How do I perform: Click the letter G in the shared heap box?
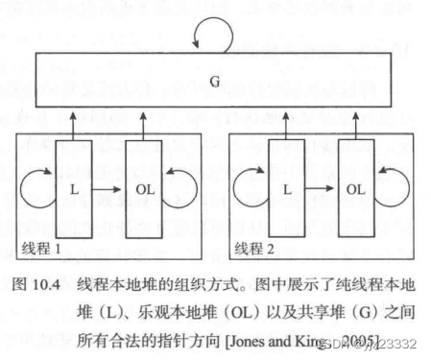(x=214, y=82)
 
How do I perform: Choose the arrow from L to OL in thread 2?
(x=321, y=189)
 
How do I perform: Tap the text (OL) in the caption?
(x=231, y=312)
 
